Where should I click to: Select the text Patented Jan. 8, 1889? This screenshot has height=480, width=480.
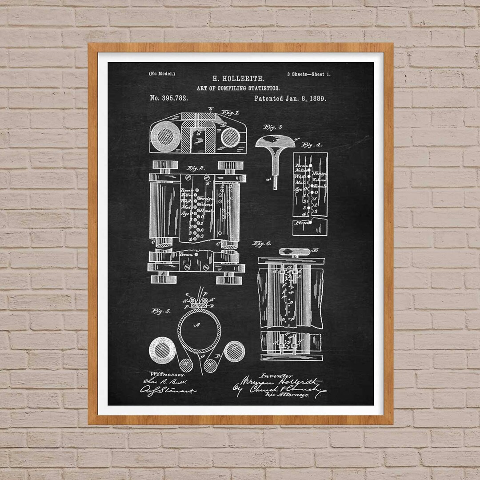tap(290, 98)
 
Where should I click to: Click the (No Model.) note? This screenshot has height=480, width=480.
tap(162, 74)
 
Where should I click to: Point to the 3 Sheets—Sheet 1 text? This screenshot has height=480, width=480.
tap(308, 74)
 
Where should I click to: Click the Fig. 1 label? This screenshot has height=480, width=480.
tap(230, 113)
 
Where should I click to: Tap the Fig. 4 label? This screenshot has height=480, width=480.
tap(312, 144)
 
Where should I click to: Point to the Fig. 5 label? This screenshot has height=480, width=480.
tap(161, 311)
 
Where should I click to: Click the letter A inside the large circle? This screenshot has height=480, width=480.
tap(199, 325)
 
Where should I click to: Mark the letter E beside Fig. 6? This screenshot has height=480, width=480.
tap(316, 251)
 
